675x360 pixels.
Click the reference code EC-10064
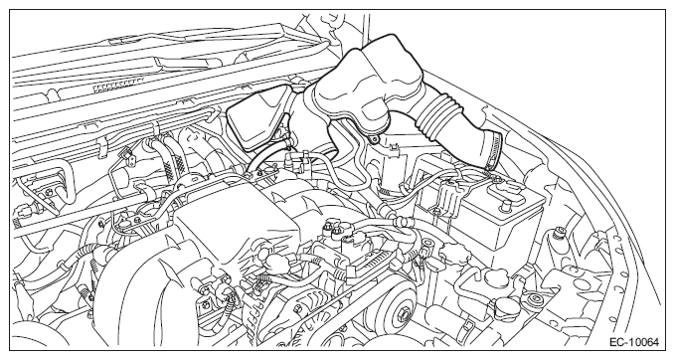click(x=633, y=342)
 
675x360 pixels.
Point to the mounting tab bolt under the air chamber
click(x=374, y=139)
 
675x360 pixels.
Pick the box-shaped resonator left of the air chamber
click(x=257, y=117)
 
